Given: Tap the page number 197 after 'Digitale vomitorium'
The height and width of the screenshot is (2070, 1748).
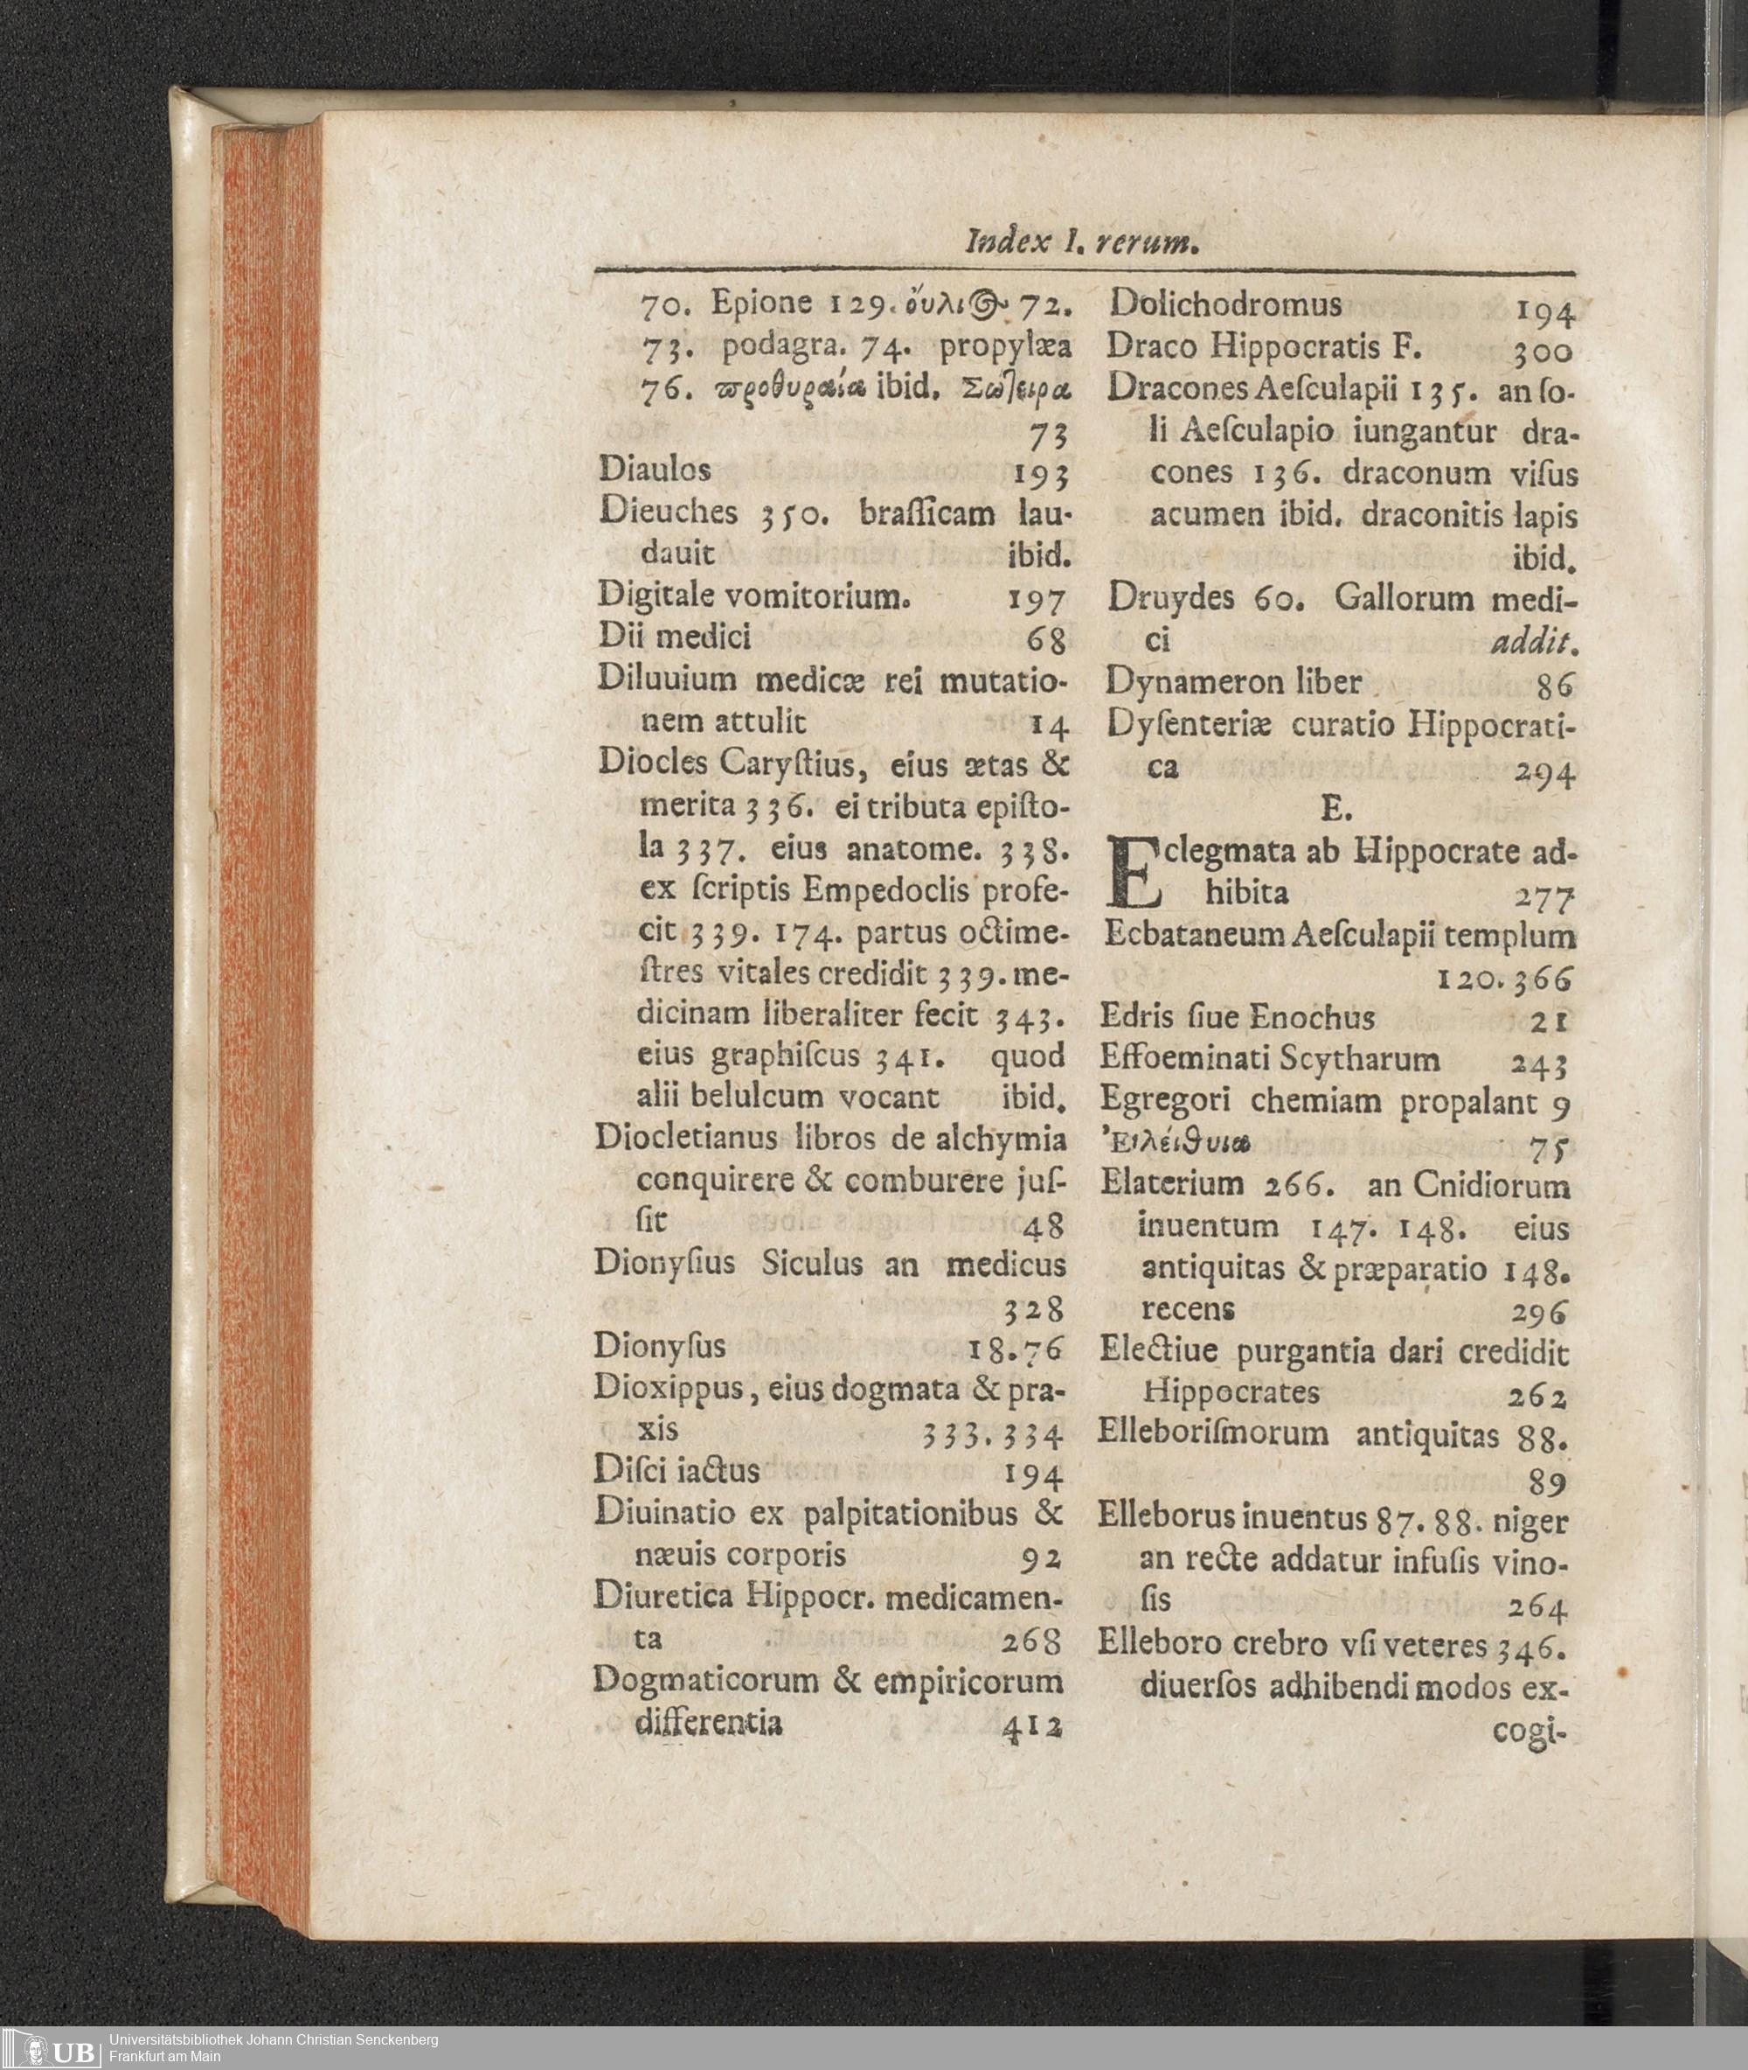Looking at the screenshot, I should coord(1037,599).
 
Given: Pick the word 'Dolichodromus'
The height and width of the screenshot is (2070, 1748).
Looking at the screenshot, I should coord(1225,304).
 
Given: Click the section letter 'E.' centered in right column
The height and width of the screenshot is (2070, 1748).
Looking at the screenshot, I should coord(1334,810).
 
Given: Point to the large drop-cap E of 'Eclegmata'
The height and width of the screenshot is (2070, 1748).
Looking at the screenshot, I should coord(1134,874).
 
